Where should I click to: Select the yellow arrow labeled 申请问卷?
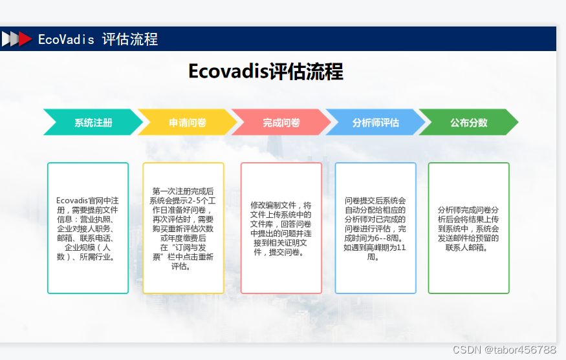187,122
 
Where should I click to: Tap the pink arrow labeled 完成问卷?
281,122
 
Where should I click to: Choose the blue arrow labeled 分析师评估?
375,122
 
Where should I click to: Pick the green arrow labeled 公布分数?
468,122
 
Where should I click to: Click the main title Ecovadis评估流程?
265,71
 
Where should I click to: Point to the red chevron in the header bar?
25,39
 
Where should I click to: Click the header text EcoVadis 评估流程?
98,39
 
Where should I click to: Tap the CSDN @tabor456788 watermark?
505,350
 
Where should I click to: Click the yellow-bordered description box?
183,228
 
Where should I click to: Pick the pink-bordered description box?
281,228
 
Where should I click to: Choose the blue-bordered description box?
375,228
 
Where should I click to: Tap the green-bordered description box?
468,228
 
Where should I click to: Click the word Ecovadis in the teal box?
71,200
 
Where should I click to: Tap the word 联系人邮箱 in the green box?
468,248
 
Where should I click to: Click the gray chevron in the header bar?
8,39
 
